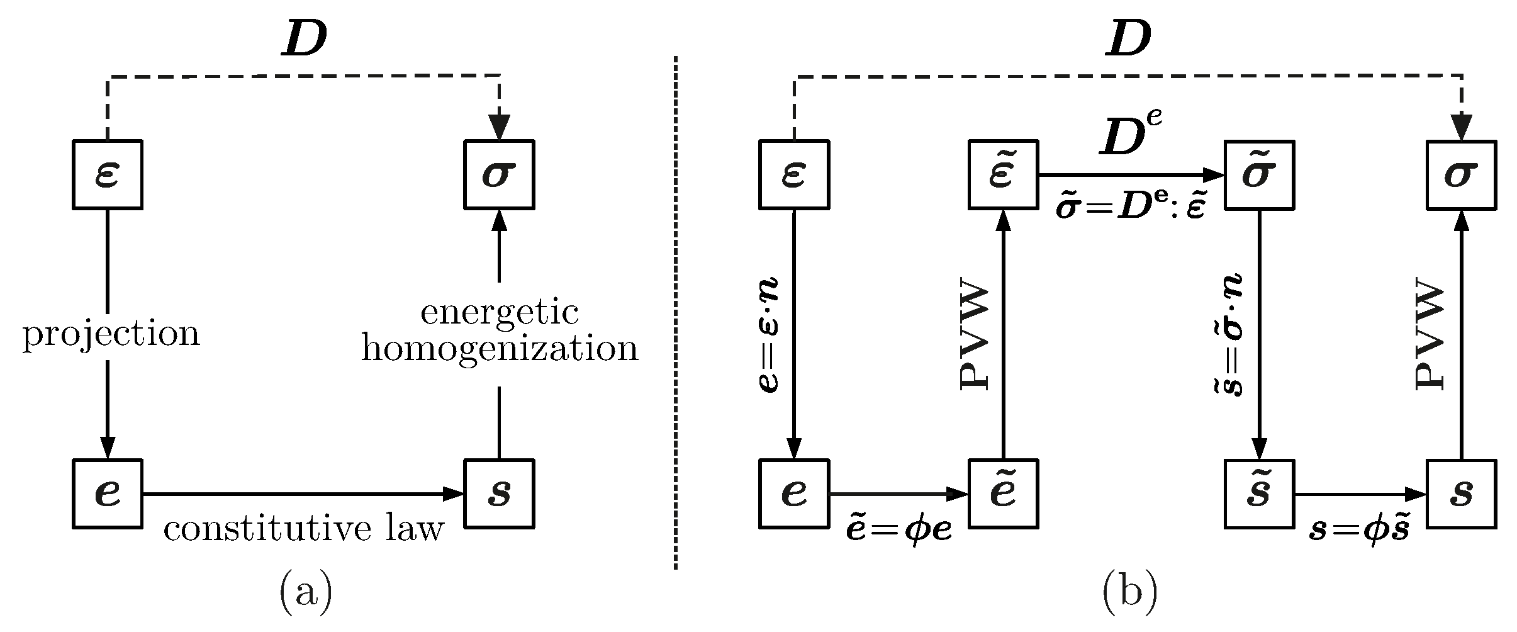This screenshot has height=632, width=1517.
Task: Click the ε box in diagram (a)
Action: click(x=107, y=174)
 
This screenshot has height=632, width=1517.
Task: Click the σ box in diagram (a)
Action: click(x=499, y=174)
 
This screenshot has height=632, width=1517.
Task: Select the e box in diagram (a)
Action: click(x=107, y=494)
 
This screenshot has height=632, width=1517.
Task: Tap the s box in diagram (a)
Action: click(x=499, y=494)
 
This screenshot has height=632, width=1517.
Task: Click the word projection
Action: click(x=111, y=334)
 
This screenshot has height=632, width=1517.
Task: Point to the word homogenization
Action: click(x=499, y=348)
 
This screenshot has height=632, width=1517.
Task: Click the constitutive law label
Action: click(x=304, y=529)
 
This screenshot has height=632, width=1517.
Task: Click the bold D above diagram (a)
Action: click(x=304, y=41)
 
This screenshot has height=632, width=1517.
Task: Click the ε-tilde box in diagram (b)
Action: click(x=1002, y=174)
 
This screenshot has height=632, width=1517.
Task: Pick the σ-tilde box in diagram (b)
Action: click(x=1258, y=174)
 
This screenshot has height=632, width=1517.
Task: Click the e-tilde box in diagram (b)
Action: click(x=1002, y=494)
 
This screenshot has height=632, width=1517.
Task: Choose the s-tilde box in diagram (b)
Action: click(x=1258, y=494)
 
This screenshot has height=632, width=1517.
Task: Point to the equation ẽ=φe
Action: click(x=898, y=531)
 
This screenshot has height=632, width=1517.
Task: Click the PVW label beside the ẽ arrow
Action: click(x=975, y=338)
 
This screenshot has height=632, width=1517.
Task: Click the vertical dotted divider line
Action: click(x=675, y=315)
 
